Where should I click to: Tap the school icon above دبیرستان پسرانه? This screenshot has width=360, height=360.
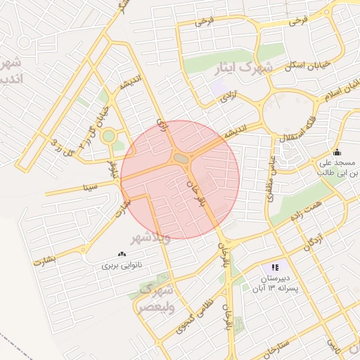(x=275, y=267)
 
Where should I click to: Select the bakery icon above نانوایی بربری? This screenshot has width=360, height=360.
(x=122, y=254)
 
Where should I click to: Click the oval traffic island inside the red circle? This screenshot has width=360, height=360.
(x=181, y=160)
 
